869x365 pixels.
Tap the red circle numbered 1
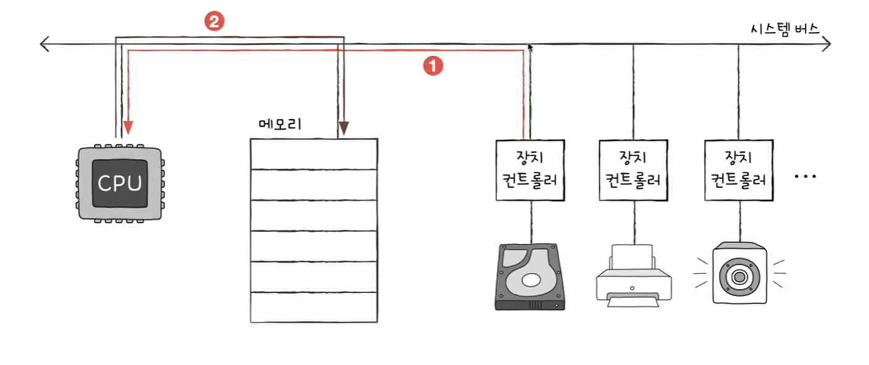(432, 66)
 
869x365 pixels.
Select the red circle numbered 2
(214, 23)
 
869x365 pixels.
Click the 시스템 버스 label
(782, 28)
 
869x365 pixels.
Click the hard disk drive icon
(530, 277)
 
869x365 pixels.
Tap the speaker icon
(738, 273)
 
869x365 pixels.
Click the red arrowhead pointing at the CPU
(127, 127)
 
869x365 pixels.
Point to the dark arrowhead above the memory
(343, 129)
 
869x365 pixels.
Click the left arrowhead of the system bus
(43, 44)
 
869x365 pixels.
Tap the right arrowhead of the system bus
(826, 44)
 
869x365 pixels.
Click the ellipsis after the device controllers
(805, 177)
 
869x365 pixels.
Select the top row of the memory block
(314, 153)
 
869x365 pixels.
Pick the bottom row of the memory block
(314, 307)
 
